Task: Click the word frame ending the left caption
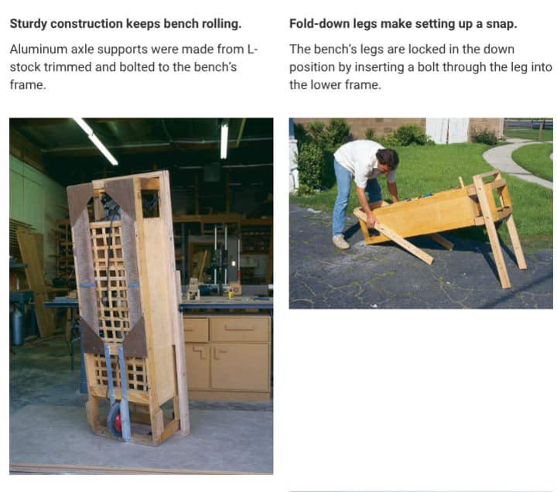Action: click(x=26, y=85)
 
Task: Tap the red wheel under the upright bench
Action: click(x=116, y=420)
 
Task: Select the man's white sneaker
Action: click(x=341, y=242)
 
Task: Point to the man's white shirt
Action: click(x=361, y=161)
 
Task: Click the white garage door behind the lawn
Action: click(x=447, y=131)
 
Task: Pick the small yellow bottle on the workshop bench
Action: click(x=231, y=293)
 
